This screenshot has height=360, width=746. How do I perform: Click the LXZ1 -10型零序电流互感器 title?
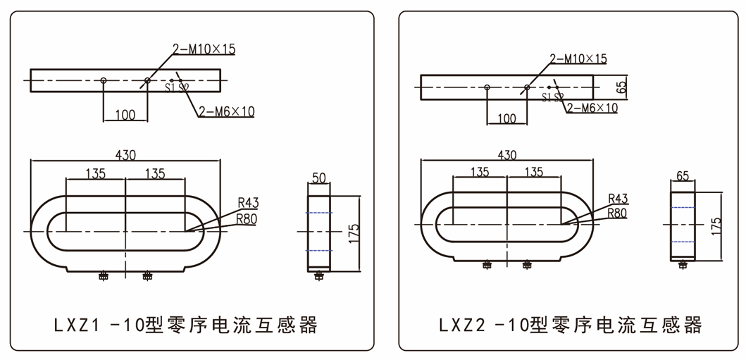[186, 325]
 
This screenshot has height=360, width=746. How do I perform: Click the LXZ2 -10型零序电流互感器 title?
[571, 325]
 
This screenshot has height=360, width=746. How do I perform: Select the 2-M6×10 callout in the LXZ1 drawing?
[226, 111]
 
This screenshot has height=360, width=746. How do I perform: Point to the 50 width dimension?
[318, 179]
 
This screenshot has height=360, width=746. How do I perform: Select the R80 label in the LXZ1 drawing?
[247, 218]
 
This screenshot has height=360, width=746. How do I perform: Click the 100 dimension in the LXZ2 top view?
[506, 118]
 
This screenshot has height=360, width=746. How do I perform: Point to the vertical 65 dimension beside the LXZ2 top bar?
[621, 88]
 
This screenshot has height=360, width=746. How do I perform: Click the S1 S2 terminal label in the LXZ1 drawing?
[177, 88]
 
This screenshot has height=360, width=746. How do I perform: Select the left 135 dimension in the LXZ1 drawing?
[96, 173]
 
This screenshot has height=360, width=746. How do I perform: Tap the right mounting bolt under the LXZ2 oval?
[527, 265]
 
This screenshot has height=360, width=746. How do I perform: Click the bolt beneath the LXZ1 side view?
[318, 276]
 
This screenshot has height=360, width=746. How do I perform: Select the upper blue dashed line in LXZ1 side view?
[318, 213]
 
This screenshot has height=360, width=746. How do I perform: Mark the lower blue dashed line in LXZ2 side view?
[682, 242]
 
